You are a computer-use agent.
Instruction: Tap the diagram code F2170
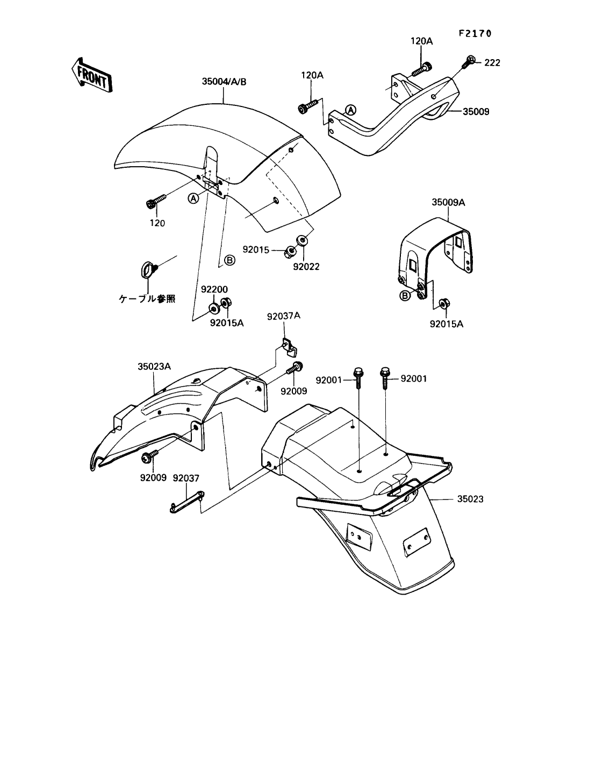point(475,33)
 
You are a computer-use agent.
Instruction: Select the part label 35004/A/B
point(224,82)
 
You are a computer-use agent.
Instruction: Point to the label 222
point(492,63)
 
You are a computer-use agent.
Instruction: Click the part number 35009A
point(448,203)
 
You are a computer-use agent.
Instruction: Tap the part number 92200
point(214,289)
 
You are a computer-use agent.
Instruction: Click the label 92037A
point(283,316)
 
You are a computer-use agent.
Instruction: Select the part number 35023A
point(154,366)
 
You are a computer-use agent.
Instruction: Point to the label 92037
point(186,477)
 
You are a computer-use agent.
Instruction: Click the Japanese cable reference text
point(147,299)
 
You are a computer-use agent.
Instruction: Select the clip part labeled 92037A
point(289,347)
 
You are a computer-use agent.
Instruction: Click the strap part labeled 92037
point(185,498)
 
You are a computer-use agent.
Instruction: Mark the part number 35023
point(470,499)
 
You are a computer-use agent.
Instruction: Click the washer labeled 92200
point(213,309)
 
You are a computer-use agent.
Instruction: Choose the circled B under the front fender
point(229,260)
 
